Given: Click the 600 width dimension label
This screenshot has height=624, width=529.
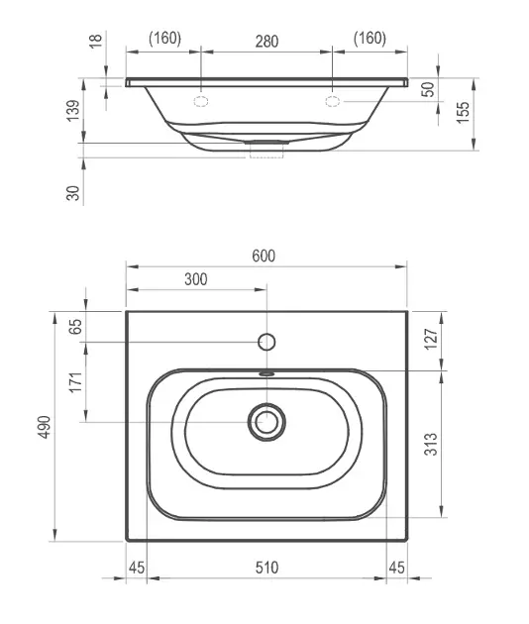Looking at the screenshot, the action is (264, 256).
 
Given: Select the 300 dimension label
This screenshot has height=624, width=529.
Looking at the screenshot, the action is (196, 279).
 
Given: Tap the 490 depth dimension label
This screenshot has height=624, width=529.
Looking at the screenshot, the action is (45, 427).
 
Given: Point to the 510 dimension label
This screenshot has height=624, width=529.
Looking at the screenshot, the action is (266, 568).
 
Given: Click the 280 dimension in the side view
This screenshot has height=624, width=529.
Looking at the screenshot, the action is (266, 42).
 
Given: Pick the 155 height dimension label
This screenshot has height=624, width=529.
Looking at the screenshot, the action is (463, 113).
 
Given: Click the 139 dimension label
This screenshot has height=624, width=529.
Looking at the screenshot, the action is (73, 111).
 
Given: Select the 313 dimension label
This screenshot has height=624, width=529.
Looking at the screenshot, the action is (431, 444).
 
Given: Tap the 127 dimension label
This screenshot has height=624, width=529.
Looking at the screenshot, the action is (431, 339).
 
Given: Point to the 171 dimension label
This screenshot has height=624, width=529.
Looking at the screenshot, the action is (75, 382).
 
